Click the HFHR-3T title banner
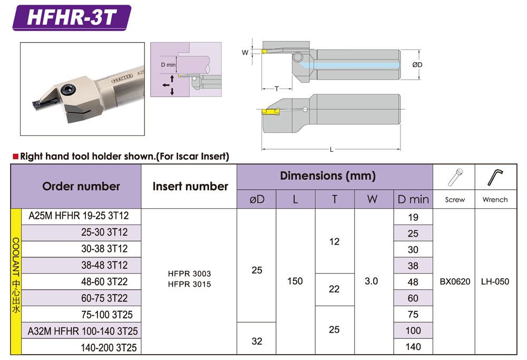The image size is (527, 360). tap(72, 17)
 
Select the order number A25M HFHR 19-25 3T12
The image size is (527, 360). tap(79, 216)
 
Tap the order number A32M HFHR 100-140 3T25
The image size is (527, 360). tap(83, 331)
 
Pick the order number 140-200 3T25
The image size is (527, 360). tap(109, 347)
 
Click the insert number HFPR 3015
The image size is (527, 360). tap(190, 284)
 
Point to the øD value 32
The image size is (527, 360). tap(257, 341)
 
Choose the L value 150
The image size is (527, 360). tap(295, 281)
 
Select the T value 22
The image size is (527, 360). tap(334, 289)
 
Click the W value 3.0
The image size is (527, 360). tap(372, 281)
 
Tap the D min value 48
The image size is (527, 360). tap(413, 282)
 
